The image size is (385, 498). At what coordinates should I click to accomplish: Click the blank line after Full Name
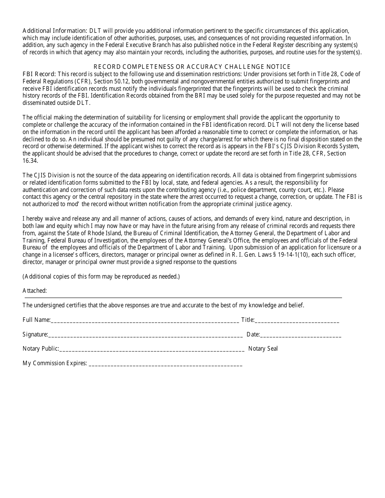145,321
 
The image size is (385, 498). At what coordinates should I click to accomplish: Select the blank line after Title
297,321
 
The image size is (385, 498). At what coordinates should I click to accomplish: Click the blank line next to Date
300,335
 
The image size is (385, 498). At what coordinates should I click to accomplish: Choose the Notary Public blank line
152,349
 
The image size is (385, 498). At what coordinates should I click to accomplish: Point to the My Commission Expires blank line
165,364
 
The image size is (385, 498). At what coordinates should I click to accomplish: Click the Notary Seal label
263,349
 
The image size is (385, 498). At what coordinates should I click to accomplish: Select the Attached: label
35,290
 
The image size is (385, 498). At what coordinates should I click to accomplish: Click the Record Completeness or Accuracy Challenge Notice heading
192,66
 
